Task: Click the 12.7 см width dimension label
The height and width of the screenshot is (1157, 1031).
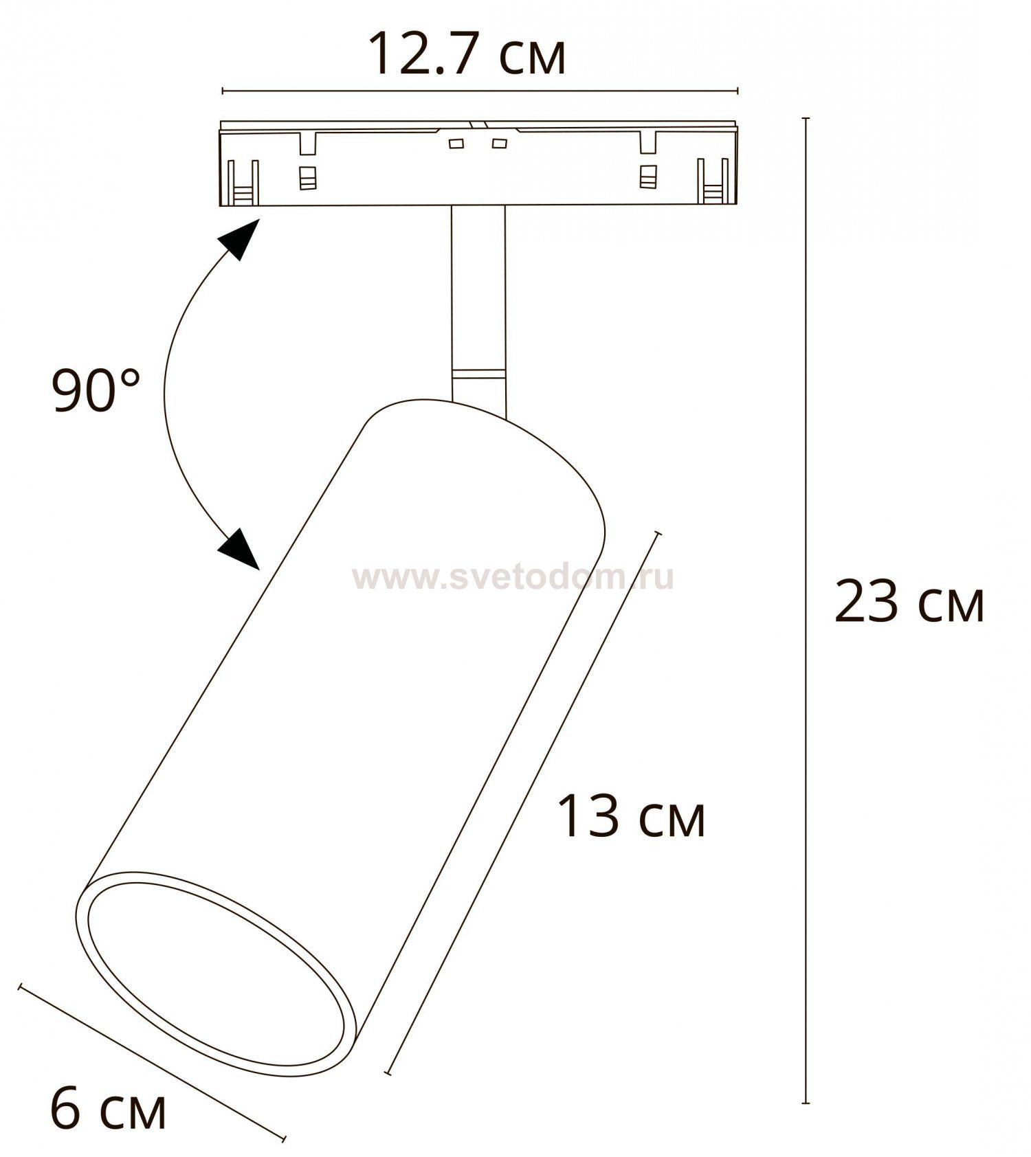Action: [467, 54]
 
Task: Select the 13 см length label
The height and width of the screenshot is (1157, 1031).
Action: [631, 816]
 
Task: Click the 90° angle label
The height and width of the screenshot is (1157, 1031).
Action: [96, 390]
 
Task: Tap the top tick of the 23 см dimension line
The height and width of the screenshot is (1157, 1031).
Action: [806, 119]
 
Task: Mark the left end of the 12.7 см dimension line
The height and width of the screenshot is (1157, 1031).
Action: [222, 91]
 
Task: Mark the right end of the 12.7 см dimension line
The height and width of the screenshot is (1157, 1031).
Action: [738, 91]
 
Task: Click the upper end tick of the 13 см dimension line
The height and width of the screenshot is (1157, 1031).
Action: [658, 534]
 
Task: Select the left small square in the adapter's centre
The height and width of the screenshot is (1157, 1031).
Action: [456, 144]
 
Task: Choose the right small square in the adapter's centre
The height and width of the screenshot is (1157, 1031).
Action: [499, 144]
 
